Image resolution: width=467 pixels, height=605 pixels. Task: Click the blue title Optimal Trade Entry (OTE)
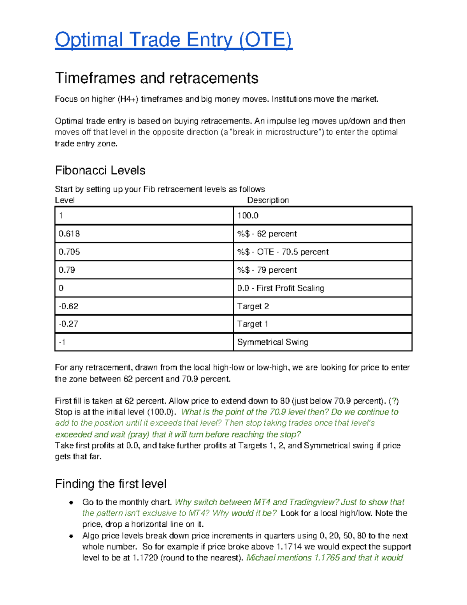(x=173, y=40)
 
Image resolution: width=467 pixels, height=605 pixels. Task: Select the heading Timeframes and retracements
(x=156, y=78)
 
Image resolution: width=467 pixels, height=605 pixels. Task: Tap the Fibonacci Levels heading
(x=100, y=170)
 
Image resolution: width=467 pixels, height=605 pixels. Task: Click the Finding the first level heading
(x=111, y=484)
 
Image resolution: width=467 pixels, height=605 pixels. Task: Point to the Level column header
(x=65, y=200)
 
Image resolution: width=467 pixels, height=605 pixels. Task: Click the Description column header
(x=268, y=200)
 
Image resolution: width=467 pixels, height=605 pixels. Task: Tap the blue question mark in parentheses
(x=394, y=401)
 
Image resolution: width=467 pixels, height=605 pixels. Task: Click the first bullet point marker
(x=71, y=503)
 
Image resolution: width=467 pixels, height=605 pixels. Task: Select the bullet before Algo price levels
(x=71, y=536)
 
